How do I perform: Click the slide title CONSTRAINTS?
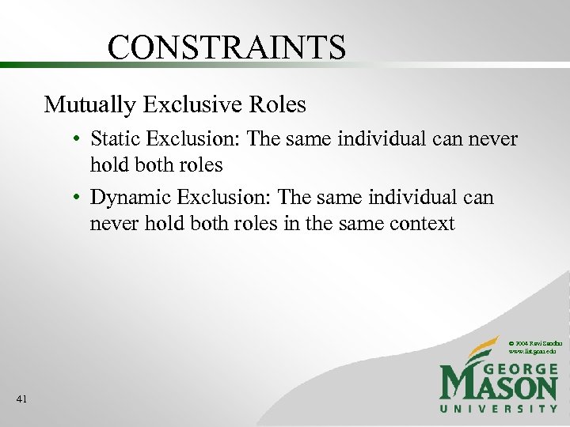(x=226, y=47)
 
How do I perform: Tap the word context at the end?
(x=422, y=223)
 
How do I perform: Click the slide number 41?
(x=21, y=399)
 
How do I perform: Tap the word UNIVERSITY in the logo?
(x=499, y=408)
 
